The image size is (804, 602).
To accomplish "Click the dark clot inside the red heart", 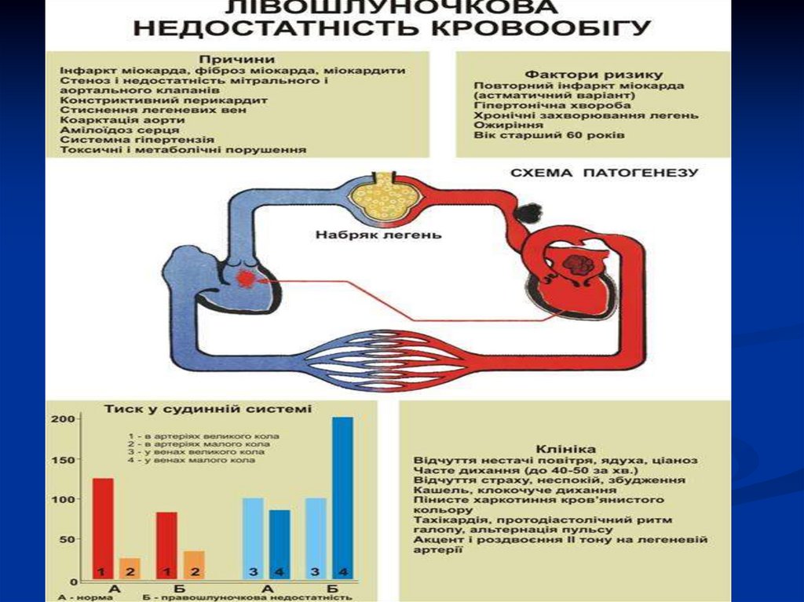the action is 580,263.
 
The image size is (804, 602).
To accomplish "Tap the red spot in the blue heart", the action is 246,278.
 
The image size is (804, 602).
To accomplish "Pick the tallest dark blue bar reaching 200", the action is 342,498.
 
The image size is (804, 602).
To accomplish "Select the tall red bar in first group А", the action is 103,527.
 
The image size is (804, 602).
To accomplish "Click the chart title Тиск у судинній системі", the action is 207,408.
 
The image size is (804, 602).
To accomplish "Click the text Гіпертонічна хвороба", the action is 541,105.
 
